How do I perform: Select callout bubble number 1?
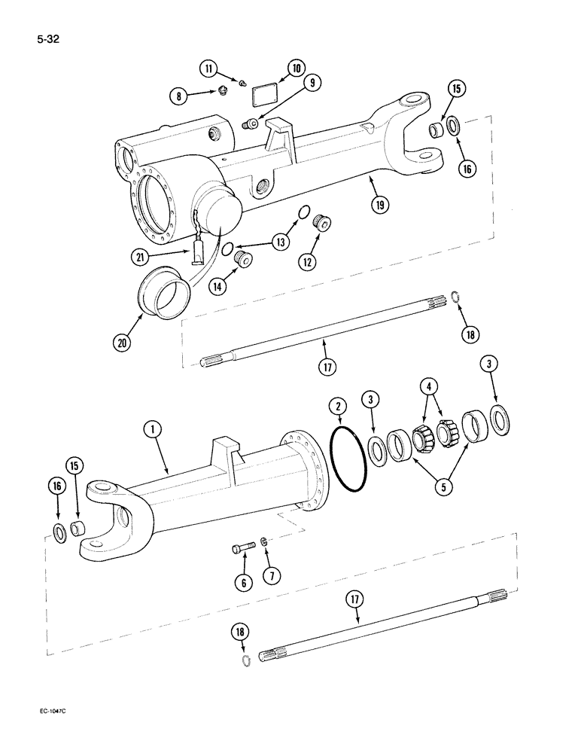coord(153,430)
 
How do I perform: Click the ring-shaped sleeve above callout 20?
coord(162,290)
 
